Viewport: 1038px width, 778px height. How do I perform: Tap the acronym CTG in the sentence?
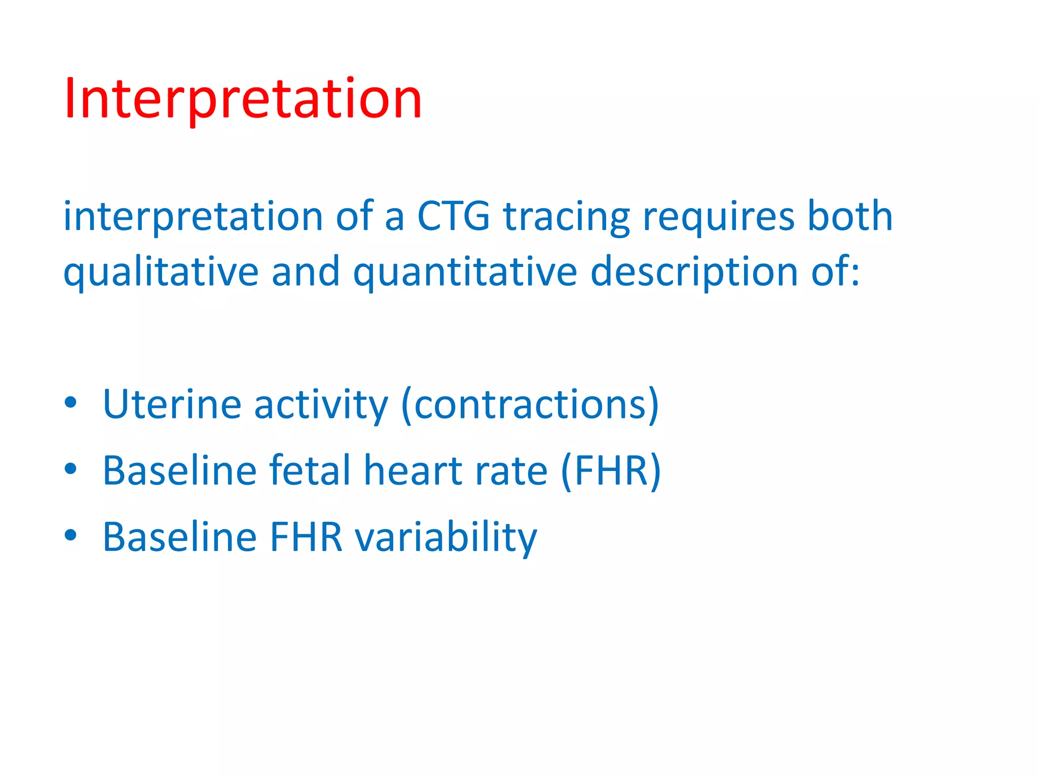(453, 217)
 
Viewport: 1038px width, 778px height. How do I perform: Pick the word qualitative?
(161, 273)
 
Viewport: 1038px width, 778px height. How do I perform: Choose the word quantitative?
(465, 273)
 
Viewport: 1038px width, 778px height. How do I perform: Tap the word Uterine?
(172, 404)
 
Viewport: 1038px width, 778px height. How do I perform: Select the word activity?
(320, 405)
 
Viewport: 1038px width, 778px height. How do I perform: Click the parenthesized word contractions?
(530, 404)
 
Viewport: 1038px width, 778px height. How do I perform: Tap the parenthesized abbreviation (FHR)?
(611, 471)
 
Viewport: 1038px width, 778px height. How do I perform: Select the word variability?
(446, 538)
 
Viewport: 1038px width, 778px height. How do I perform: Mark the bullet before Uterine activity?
(70, 403)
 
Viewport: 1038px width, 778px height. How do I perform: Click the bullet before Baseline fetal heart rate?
(70, 469)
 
